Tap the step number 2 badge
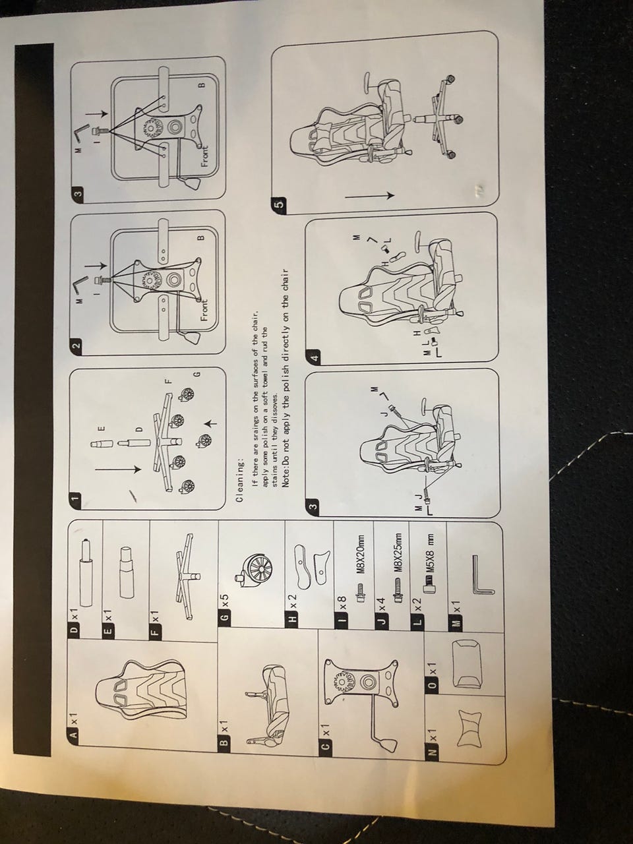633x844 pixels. coord(77,344)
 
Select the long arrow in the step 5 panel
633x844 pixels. coord(370,196)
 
